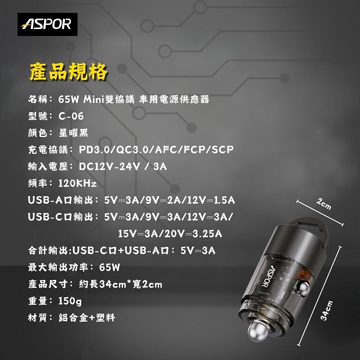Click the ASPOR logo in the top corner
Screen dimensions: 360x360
tap(47, 24)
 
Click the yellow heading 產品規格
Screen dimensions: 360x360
tap(69, 71)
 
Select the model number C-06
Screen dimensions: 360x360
tap(71, 116)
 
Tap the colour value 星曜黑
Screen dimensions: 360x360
tap(73, 133)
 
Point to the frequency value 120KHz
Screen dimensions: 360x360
tap(77, 183)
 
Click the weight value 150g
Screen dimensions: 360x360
tap(70, 301)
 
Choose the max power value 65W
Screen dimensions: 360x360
tap(110, 267)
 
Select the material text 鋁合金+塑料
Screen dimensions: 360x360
tap(87, 318)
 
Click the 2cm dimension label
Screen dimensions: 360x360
tap(324, 204)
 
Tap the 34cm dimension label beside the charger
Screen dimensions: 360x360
tap(327, 311)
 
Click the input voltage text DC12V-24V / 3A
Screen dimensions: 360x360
tap(123, 167)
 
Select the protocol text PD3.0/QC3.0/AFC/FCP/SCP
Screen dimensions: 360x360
tap(156, 150)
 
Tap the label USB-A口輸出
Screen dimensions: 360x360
tap(60, 200)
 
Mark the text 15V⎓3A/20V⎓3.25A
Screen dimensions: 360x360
tap(170, 234)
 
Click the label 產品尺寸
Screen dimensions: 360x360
tap(48, 285)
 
